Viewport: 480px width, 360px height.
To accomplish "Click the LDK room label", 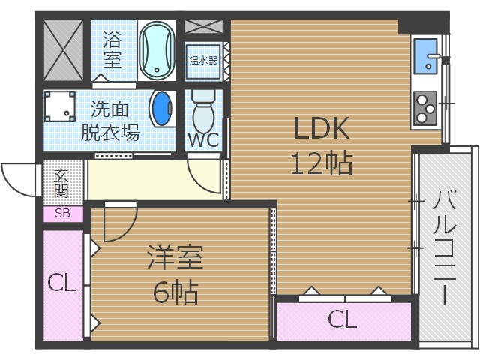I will tap(322, 130).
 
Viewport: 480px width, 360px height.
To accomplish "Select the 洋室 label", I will tap(175, 258).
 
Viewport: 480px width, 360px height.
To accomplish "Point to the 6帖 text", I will tap(175, 292).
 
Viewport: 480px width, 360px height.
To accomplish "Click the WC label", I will tap(202, 140).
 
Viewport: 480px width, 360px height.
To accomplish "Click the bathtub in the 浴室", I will tap(157, 49).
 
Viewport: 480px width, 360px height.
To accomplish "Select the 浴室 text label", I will tap(112, 48).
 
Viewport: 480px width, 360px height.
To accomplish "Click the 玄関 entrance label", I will tap(61, 182).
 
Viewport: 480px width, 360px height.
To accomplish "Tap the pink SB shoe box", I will tap(62, 214).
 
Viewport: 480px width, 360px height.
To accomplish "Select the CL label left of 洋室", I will tap(61, 283).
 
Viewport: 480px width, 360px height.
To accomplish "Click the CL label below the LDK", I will tap(342, 320).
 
